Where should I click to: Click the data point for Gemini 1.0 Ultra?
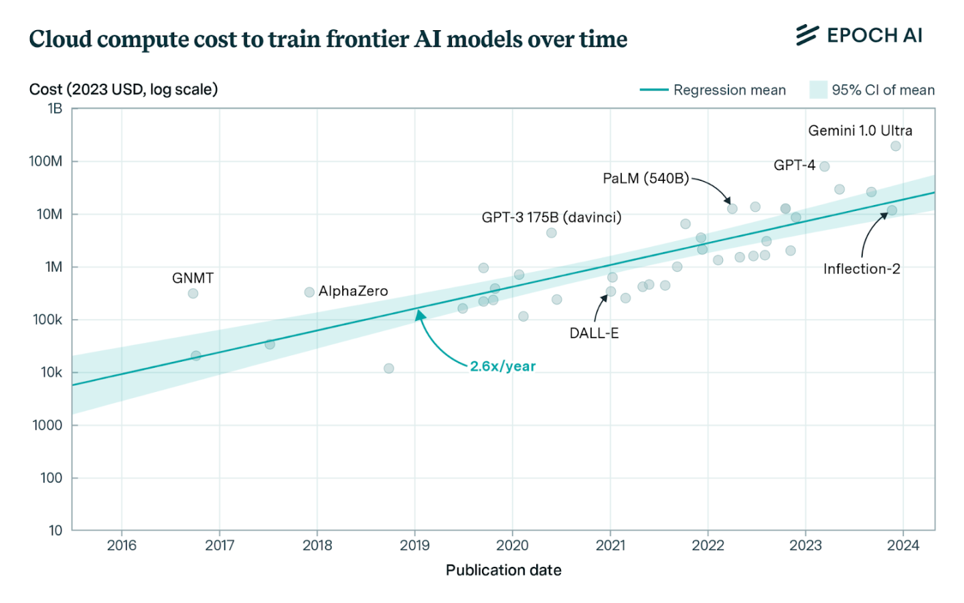point(896,146)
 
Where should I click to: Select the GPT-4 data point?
point(825,166)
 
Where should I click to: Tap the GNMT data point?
point(193,293)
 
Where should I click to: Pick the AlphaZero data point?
point(309,292)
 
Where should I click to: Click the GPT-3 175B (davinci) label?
point(551,217)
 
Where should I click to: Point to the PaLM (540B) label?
point(645,178)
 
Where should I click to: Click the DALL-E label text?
point(594,333)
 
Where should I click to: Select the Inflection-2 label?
point(862,269)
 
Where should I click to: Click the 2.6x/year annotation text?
point(503,366)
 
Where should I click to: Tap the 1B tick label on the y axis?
point(55,109)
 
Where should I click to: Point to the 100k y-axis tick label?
point(48,320)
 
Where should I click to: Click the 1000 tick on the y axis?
point(48,425)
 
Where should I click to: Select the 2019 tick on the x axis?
point(414,545)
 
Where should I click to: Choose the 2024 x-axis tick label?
point(903,545)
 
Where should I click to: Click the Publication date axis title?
point(503,570)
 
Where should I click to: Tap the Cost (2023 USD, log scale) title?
point(124,90)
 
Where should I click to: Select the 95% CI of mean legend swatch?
point(818,90)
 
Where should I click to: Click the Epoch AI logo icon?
point(807,35)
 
